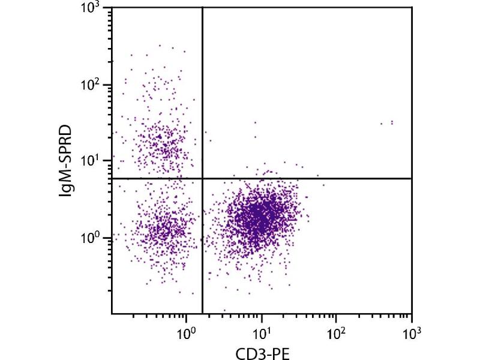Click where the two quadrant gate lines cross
click(202, 178)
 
